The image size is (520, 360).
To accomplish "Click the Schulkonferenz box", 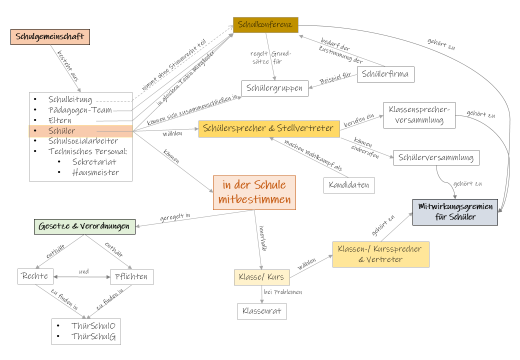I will (265, 24).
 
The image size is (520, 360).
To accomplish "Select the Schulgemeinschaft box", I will (50, 37).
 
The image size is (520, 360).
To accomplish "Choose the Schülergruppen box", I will (274, 88).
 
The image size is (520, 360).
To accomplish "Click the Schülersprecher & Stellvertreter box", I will (269, 128).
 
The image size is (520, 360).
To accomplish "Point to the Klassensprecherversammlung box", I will (419, 115).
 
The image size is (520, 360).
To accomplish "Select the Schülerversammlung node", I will (436, 158).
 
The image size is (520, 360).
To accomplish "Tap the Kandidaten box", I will (349, 185).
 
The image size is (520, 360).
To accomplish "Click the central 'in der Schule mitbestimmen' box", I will (254, 192).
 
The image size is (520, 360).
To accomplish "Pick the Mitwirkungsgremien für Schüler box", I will (455, 212).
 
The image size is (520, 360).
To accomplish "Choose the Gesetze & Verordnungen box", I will (84, 226).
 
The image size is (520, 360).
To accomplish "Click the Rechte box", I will (34, 276).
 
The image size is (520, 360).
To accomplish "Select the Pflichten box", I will (131, 276).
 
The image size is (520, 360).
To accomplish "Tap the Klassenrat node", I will (261, 311).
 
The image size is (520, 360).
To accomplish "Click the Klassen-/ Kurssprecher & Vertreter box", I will (380, 254).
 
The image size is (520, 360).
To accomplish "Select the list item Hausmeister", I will (95, 173).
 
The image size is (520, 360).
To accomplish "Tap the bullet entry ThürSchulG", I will (93, 337).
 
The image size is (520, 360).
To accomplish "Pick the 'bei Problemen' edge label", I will (283, 292).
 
